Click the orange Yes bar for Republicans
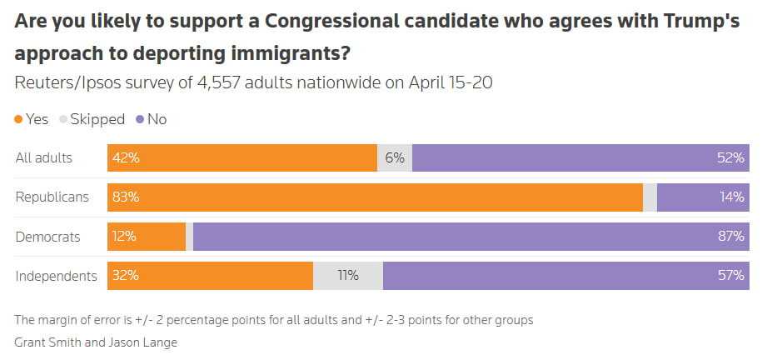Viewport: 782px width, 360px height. (x=375, y=197)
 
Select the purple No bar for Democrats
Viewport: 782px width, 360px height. (x=471, y=237)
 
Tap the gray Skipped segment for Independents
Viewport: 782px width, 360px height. (x=348, y=276)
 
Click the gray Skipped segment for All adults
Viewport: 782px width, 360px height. (x=395, y=158)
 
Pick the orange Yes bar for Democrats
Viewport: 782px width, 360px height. (x=147, y=237)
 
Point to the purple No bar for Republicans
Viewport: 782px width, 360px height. (x=703, y=197)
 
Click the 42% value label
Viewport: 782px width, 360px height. (x=127, y=158)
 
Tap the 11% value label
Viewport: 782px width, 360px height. (x=348, y=276)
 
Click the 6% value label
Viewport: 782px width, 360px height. (x=395, y=158)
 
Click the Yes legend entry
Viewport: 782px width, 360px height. (x=32, y=119)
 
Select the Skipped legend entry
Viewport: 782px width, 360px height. (x=92, y=119)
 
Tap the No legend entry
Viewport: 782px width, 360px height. (x=151, y=119)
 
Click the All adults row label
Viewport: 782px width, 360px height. (x=44, y=158)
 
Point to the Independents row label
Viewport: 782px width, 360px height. (x=57, y=276)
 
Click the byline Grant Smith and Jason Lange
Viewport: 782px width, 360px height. (x=96, y=342)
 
